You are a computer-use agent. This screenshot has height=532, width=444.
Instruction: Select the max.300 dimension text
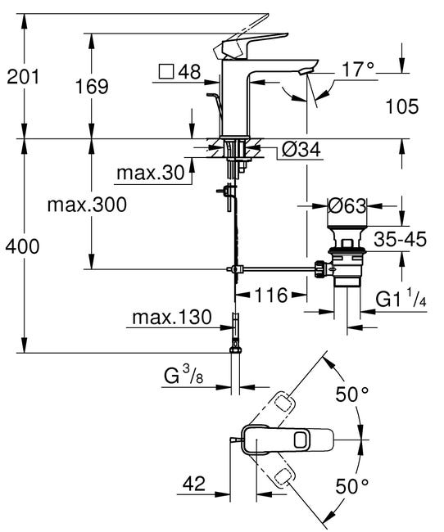(86, 205)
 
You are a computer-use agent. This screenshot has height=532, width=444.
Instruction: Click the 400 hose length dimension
(24, 246)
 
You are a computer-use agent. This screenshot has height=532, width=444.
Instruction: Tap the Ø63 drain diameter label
(347, 206)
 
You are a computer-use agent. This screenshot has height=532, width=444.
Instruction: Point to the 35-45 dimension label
(399, 241)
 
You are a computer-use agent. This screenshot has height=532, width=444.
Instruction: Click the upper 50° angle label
(352, 394)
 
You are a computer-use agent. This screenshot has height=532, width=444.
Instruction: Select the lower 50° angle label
(352, 485)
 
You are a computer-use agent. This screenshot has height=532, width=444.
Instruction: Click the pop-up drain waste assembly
(347, 260)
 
